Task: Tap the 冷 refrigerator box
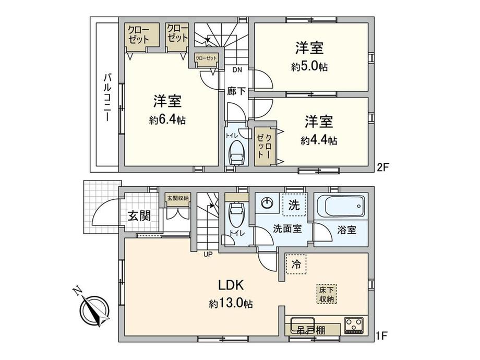(296, 264)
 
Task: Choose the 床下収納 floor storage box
(327, 294)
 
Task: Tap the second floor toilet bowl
(237, 151)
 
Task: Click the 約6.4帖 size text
(167, 120)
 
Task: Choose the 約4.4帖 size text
(318, 140)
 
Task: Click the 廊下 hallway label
(236, 90)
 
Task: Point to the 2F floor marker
(383, 167)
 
